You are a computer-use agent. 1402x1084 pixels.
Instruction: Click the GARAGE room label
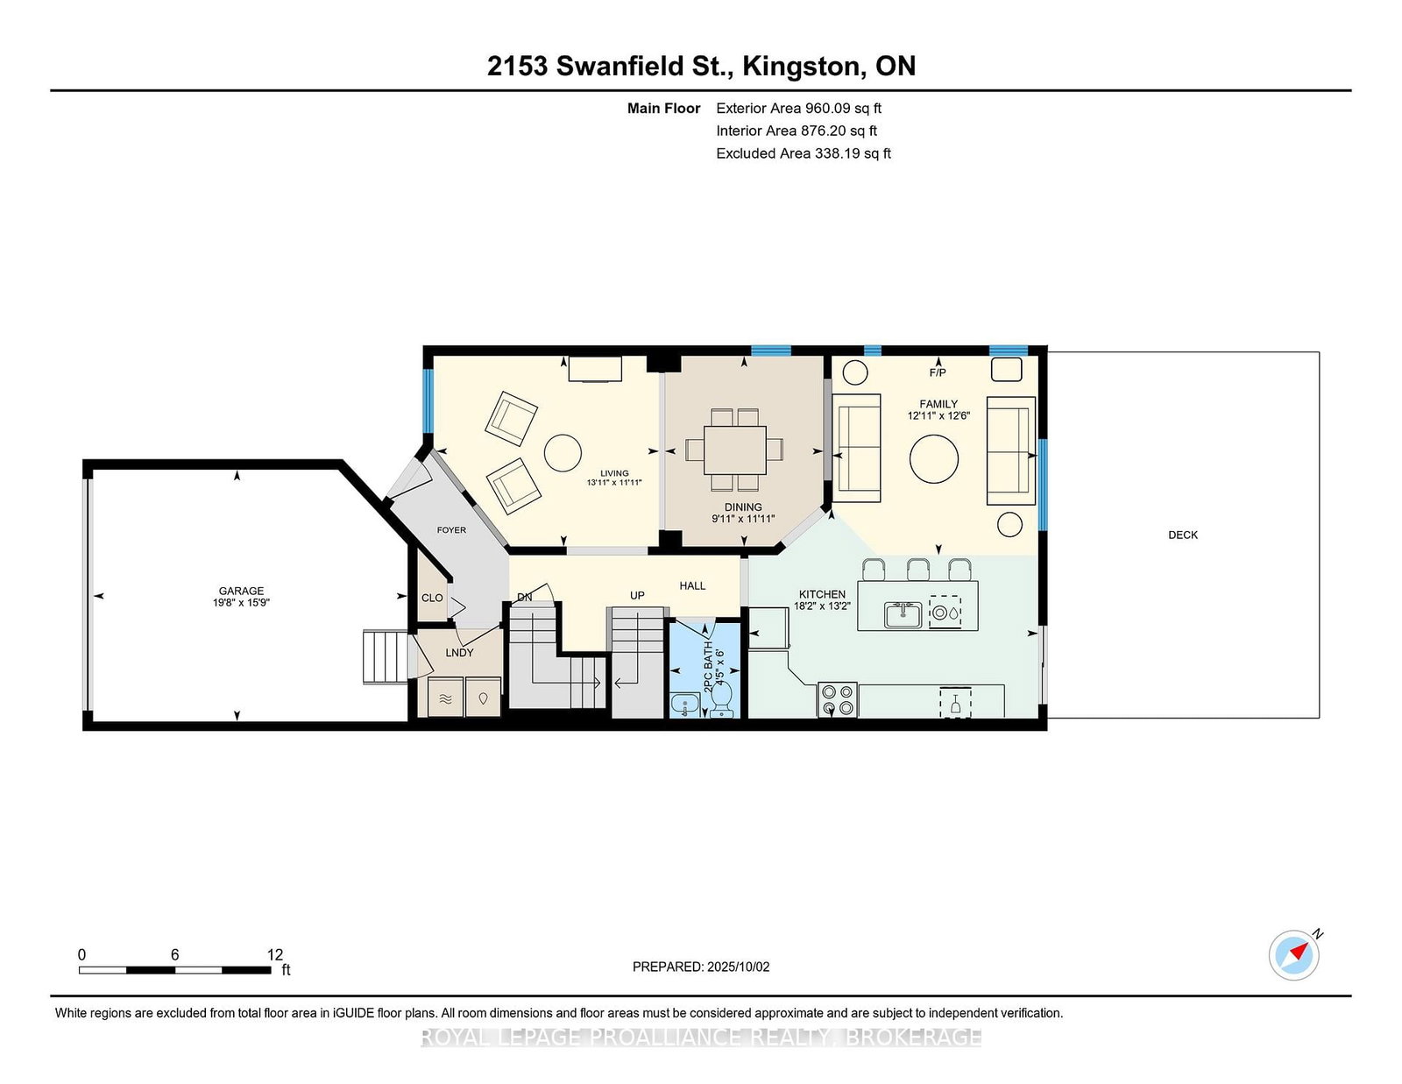241,591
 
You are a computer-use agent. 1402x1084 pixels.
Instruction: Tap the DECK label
1183,535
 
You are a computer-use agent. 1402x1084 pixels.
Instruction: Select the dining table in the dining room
735,450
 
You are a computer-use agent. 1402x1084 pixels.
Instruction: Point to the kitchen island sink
903,614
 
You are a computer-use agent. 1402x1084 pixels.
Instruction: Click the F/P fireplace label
938,372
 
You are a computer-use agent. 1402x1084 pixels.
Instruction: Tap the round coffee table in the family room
933,459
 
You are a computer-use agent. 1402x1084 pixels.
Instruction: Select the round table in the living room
563,453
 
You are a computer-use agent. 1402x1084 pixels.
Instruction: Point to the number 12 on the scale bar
275,954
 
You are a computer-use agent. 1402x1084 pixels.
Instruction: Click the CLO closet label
432,599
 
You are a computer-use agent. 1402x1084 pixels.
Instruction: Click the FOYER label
451,530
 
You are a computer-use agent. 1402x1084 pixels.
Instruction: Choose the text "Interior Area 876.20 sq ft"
797,131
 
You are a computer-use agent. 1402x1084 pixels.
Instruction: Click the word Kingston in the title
804,67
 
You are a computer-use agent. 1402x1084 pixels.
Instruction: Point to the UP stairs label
637,596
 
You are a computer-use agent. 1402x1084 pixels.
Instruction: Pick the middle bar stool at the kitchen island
917,569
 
